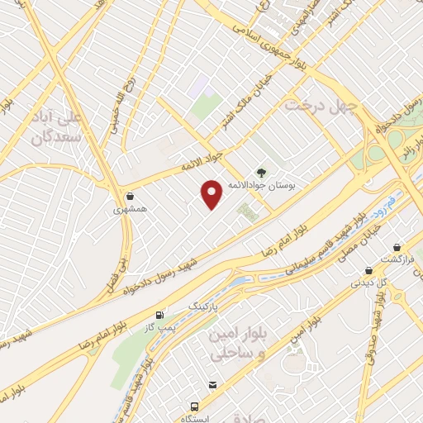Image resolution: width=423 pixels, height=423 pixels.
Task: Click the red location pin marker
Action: pyautogui.click(x=212, y=193)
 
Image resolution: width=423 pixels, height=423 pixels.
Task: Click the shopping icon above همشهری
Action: pyautogui.click(x=130, y=196)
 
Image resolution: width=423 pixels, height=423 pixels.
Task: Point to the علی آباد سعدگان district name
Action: pyautogui.click(x=55, y=128)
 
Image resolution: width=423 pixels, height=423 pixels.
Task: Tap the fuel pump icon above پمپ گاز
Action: pyautogui.click(x=159, y=315)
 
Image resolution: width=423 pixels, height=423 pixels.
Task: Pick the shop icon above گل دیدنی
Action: pyautogui.click(x=368, y=269)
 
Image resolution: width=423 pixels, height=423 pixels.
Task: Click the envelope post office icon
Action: pyautogui.click(x=213, y=384)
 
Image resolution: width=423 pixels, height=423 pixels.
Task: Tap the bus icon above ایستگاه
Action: pyautogui.click(x=194, y=406)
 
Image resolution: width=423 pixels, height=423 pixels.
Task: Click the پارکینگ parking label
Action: pyautogui.click(x=206, y=306)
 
